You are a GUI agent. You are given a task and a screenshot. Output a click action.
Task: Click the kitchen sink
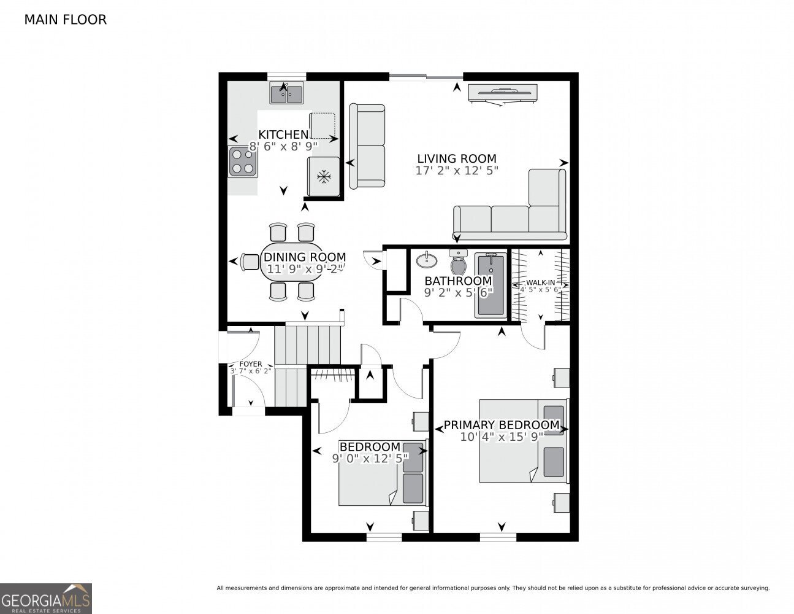click(286, 94)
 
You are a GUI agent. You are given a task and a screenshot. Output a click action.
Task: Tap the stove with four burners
click(243, 161)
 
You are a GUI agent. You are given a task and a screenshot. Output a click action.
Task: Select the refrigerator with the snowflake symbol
click(323, 177)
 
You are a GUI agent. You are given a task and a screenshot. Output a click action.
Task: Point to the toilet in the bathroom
click(458, 263)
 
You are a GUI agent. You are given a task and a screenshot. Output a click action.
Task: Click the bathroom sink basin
click(426, 261)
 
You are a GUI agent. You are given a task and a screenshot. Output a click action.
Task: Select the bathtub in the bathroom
click(491, 285)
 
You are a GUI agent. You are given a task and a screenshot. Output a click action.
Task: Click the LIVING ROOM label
click(457, 158)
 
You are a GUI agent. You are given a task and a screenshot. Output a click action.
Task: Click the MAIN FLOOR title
click(65, 20)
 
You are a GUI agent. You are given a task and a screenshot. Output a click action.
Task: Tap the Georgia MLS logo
click(46, 598)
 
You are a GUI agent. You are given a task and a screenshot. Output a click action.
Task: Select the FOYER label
click(250, 364)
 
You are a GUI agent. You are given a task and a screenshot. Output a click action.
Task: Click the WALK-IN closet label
click(540, 282)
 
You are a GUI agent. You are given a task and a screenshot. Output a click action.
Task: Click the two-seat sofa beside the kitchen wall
click(367, 146)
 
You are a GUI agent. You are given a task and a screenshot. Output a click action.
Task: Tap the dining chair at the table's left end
click(250, 262)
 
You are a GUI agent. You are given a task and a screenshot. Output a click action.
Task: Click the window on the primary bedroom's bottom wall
click(498, 537)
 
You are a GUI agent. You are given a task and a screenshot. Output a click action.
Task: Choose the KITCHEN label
click(283, 134)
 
